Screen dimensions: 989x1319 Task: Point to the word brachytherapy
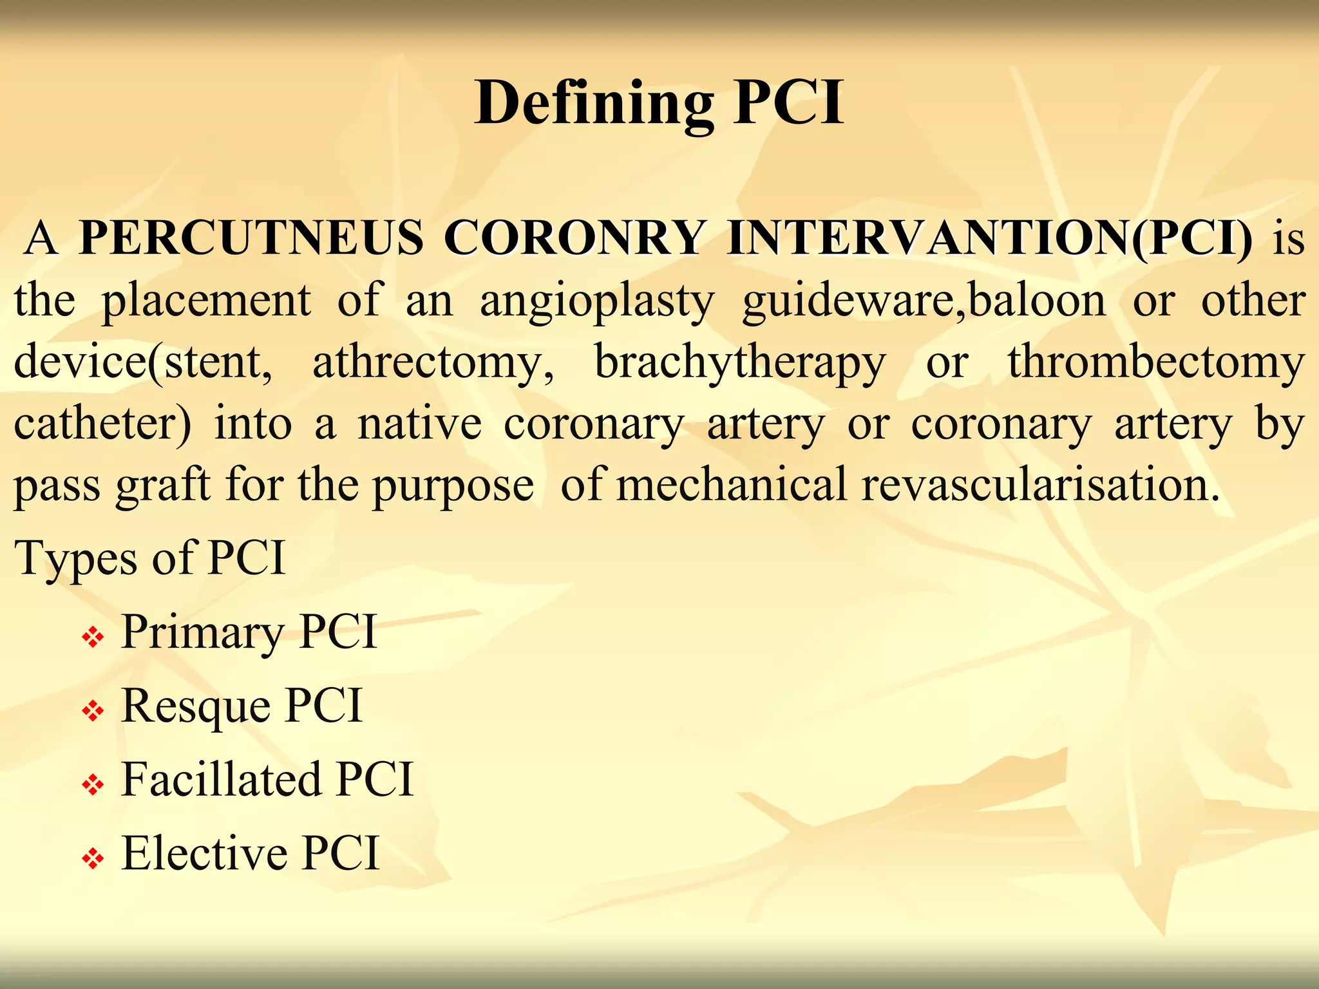(740, 363)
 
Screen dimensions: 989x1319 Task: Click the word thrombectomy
(1156, 363)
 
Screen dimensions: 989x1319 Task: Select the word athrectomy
(433, 363)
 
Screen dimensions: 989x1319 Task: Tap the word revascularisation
(1040, 484)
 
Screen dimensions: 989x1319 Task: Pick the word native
(419, 424)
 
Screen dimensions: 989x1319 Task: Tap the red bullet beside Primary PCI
(93, 638)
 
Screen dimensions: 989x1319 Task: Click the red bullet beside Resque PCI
(93, 711)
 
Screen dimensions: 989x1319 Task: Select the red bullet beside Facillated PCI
(93, 785)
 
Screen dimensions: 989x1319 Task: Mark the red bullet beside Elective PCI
(93, 858)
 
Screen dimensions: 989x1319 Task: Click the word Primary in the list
(202, 633)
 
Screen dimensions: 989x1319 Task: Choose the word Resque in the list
(195, 706)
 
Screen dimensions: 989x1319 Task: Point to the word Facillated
(221, 779)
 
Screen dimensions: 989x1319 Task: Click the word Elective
(204, 853)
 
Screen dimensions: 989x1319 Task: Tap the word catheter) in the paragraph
(102, 424)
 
